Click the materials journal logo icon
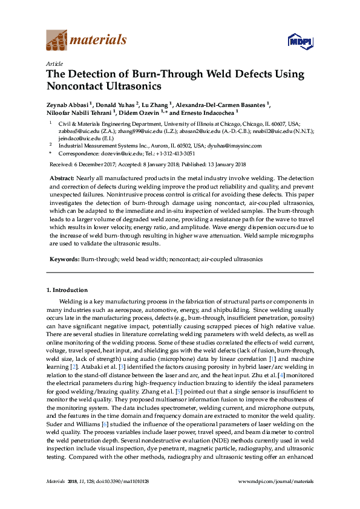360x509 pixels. tap(56, 41)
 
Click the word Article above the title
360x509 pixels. tap(54, 63)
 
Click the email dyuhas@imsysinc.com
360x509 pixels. tap(235, 146)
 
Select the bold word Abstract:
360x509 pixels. tap(61, 179)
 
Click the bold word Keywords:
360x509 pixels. tap(64, 259)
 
